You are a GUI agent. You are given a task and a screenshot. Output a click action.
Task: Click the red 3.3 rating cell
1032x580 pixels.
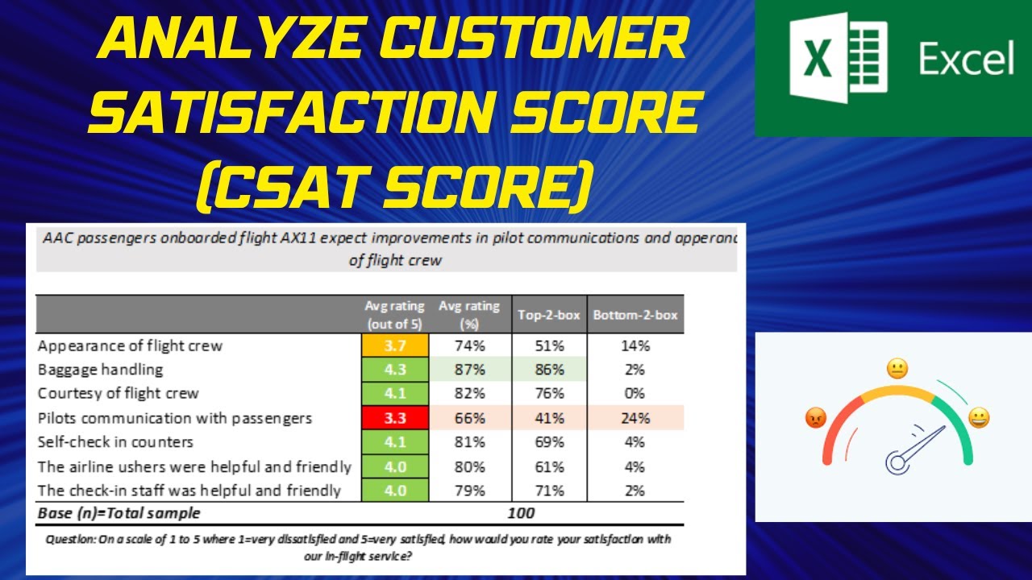tap(394, 418)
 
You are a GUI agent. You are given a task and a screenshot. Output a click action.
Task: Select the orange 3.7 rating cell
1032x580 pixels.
tap(394, 346)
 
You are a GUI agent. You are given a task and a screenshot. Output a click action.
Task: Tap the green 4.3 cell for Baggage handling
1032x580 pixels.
tap(394, 370)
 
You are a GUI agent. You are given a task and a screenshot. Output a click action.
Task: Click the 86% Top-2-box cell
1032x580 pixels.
tap(547, 370)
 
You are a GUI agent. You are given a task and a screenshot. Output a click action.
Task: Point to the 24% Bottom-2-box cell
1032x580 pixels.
tap(635, 418)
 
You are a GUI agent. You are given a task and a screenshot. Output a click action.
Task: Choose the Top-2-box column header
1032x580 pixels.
tap(548, 315)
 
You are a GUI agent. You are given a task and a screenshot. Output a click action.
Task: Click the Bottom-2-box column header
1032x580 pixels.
tap(635, 315)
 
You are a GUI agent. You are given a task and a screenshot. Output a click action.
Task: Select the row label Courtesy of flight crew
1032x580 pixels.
tap(118, 394)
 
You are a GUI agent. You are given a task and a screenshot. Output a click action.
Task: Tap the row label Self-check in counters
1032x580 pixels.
tap(115, 442)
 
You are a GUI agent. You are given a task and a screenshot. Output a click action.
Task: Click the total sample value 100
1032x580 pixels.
tap(522, 512)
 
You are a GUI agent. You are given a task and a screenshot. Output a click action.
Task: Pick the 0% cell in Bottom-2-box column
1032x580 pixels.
tap(635, 394)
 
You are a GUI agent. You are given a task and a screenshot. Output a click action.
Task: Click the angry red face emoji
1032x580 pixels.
tap(816, 418)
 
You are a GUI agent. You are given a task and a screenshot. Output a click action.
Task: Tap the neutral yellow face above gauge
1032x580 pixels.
tap(897, 369)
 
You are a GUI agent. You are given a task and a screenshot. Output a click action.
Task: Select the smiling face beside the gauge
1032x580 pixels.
tap(980, 418)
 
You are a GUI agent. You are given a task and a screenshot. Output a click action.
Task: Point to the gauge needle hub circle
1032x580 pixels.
tap(897, 462)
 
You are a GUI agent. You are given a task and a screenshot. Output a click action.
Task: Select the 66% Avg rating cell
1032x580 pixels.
tap(468, 418)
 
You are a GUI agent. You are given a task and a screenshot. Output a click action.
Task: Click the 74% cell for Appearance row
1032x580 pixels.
tap(468, 346)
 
